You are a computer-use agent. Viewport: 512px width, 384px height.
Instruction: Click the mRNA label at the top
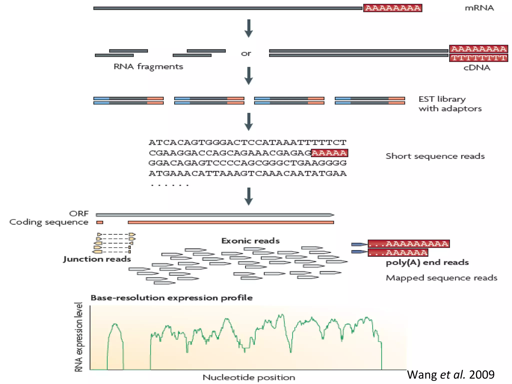(479, 8)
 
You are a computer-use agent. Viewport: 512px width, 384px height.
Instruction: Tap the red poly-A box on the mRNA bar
(392, 8)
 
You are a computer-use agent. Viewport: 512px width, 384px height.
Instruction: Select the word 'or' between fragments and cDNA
(246, 53)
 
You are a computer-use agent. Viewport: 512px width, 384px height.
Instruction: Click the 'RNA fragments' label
(148, 67)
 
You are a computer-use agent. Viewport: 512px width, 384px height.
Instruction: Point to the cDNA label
(476, 68)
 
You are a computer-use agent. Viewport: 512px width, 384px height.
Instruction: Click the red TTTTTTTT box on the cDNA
(478, 58)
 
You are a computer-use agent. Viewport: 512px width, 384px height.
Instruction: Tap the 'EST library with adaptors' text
(450, 104)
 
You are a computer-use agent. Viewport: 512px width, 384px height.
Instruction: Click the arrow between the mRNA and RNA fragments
(248, 28)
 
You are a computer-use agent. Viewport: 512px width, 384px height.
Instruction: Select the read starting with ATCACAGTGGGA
(247, 142)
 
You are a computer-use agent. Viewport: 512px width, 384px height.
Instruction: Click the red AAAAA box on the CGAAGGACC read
(329, 153)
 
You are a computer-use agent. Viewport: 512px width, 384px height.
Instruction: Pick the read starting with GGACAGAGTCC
(247, 163)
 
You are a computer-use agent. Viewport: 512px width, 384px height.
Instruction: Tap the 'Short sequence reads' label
(435, 156)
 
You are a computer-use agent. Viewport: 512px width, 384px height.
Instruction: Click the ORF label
(79, 214)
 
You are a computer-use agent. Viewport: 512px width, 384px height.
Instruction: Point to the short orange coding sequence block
(100, 222)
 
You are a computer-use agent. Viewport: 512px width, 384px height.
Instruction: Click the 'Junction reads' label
(97, 259)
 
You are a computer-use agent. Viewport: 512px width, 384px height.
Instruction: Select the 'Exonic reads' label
(250, 241)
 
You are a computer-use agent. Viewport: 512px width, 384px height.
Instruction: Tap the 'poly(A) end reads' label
(427, 262)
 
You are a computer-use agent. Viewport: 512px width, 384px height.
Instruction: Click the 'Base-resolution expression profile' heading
(171, 298)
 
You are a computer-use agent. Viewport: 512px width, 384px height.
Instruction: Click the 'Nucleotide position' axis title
(249, 377)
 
